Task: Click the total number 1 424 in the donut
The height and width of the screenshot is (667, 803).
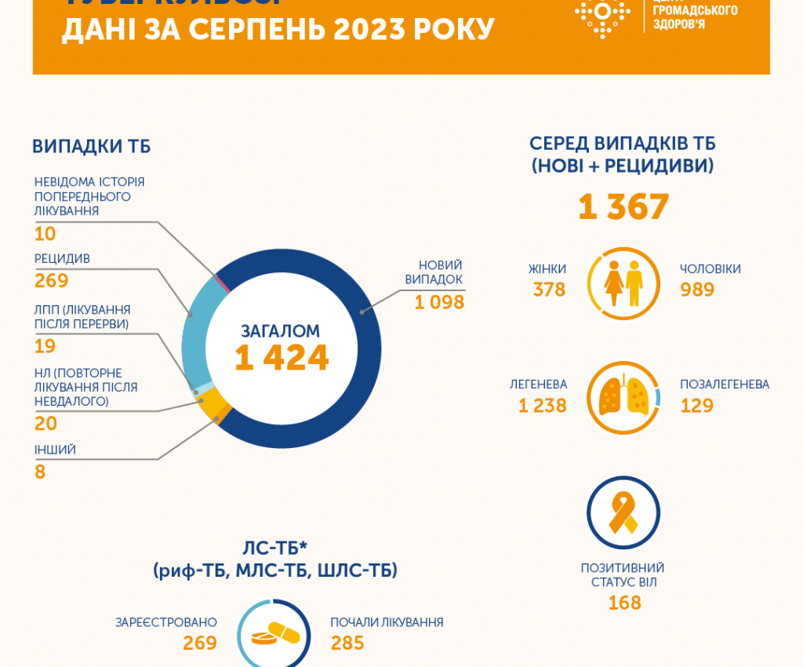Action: pyautogui.click(x=282, y=358)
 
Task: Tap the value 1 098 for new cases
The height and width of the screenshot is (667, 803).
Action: pyautogui.click(x=439, y=302)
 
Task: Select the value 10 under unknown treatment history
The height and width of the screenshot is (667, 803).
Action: pyautogui.click(x=45, y=234)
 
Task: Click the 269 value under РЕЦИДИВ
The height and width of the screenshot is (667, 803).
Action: pyautogui.click(x=52, y=281)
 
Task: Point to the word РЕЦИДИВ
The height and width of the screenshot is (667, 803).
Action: pyautogui.click(x=62, y=259)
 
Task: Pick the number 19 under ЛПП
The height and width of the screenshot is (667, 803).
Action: pyautogui.click(x=45, y=346)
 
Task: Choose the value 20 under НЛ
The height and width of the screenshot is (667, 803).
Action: pyautogui.click(x=45, y=424)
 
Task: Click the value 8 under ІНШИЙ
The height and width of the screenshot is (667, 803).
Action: pyautogui.click(x=40, y=472)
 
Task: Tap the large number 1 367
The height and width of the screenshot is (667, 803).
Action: pyautogui.click(x=623, y=207)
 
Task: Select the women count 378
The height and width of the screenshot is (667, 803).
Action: pyautogui.click(x=549, y=290)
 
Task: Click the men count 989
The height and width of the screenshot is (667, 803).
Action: pyautogui.click(x=697, y=290)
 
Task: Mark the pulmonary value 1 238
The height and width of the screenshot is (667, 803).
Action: pyautogui.click(x=542, y=405)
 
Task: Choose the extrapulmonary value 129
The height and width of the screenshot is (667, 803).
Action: pyautogui.click(x=697, y=405)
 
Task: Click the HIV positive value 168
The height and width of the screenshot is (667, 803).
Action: pyautogui.click(x=624, y=603)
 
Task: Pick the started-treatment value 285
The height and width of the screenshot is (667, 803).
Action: pyautogui.click(x=347, y=643)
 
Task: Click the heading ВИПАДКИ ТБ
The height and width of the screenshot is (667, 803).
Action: pyautogui.click(x=91, y=147)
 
